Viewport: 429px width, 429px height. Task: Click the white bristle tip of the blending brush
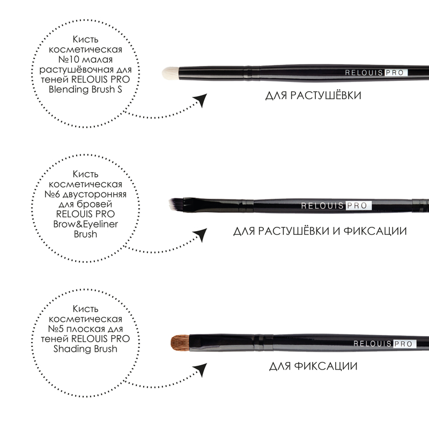point(170,73)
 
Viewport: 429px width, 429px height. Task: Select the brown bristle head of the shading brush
point(180,343)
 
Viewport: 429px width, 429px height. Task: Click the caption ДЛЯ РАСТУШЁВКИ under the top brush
point(313,95)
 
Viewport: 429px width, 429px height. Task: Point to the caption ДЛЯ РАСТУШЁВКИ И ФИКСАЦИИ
point(320,231)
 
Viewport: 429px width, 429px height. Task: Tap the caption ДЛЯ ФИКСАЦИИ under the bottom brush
point(313,366)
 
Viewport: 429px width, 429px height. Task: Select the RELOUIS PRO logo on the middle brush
point(336,206)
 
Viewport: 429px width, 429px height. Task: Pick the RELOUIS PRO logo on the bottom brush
point(384,344)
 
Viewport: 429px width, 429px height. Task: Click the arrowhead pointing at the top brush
point(201,100)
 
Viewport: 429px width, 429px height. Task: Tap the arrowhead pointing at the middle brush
point(201,234)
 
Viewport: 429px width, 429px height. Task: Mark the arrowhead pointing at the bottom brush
point(201,369)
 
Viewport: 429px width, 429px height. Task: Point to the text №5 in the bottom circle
point(56,329)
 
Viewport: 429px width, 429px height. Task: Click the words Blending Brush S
point(85,90)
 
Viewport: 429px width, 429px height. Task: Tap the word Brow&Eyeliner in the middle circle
point(85,224)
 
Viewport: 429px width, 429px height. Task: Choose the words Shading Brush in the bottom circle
point(85,349)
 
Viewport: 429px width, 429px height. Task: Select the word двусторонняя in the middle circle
point(95,195)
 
